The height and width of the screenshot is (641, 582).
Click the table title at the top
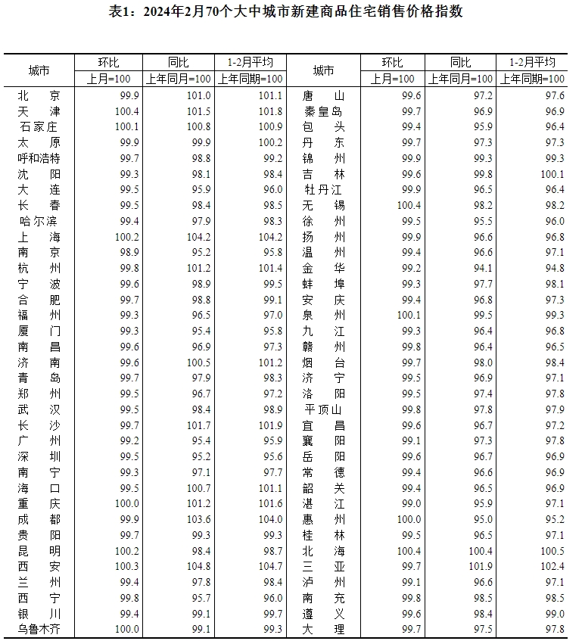coord(291,11)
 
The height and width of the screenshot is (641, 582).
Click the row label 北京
coord(39,95)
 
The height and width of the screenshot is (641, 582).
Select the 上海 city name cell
coord(39,236)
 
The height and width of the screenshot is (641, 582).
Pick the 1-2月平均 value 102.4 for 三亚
coord(551,565)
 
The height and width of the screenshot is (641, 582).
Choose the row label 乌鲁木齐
coord(39,628)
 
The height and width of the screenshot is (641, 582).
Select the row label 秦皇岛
coord(323,111)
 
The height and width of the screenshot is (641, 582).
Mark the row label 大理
coord(323,628)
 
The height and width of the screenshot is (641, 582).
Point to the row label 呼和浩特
coord(39,158)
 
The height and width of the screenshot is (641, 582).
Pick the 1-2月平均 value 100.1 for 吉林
coord(551,174)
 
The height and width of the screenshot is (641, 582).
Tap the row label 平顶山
coord(323,409)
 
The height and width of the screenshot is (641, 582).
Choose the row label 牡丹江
coord(323,189)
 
